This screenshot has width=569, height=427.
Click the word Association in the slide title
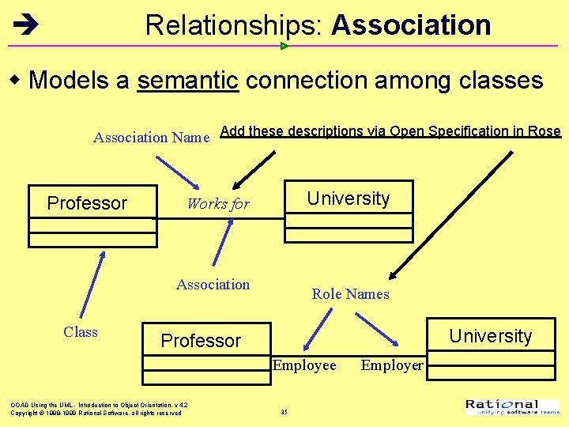tap(411, 25)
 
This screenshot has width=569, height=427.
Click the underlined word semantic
tap(188, 81)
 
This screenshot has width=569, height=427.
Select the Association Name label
tap(151, 138)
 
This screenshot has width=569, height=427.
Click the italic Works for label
tap(217, 204)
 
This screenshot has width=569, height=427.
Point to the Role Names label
tap(350, 294)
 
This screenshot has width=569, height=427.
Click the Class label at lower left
tap(81, 332)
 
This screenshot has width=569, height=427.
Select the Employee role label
tap(304, 365)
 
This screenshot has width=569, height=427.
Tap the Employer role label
tap(392, 365)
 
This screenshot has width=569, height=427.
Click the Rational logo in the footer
tap(513, 407)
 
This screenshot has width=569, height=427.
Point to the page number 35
tap(284, 412)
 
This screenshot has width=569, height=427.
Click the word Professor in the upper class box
tap(87, 203)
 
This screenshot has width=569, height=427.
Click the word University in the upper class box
tap(349, 198)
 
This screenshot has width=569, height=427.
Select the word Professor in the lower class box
tap(201, 341)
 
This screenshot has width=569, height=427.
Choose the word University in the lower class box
tap(491, 336)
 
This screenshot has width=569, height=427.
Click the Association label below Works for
tap(213, 285)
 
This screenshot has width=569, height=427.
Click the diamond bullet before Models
tap(15, 81)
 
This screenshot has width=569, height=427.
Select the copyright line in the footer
tap(96, 413)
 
